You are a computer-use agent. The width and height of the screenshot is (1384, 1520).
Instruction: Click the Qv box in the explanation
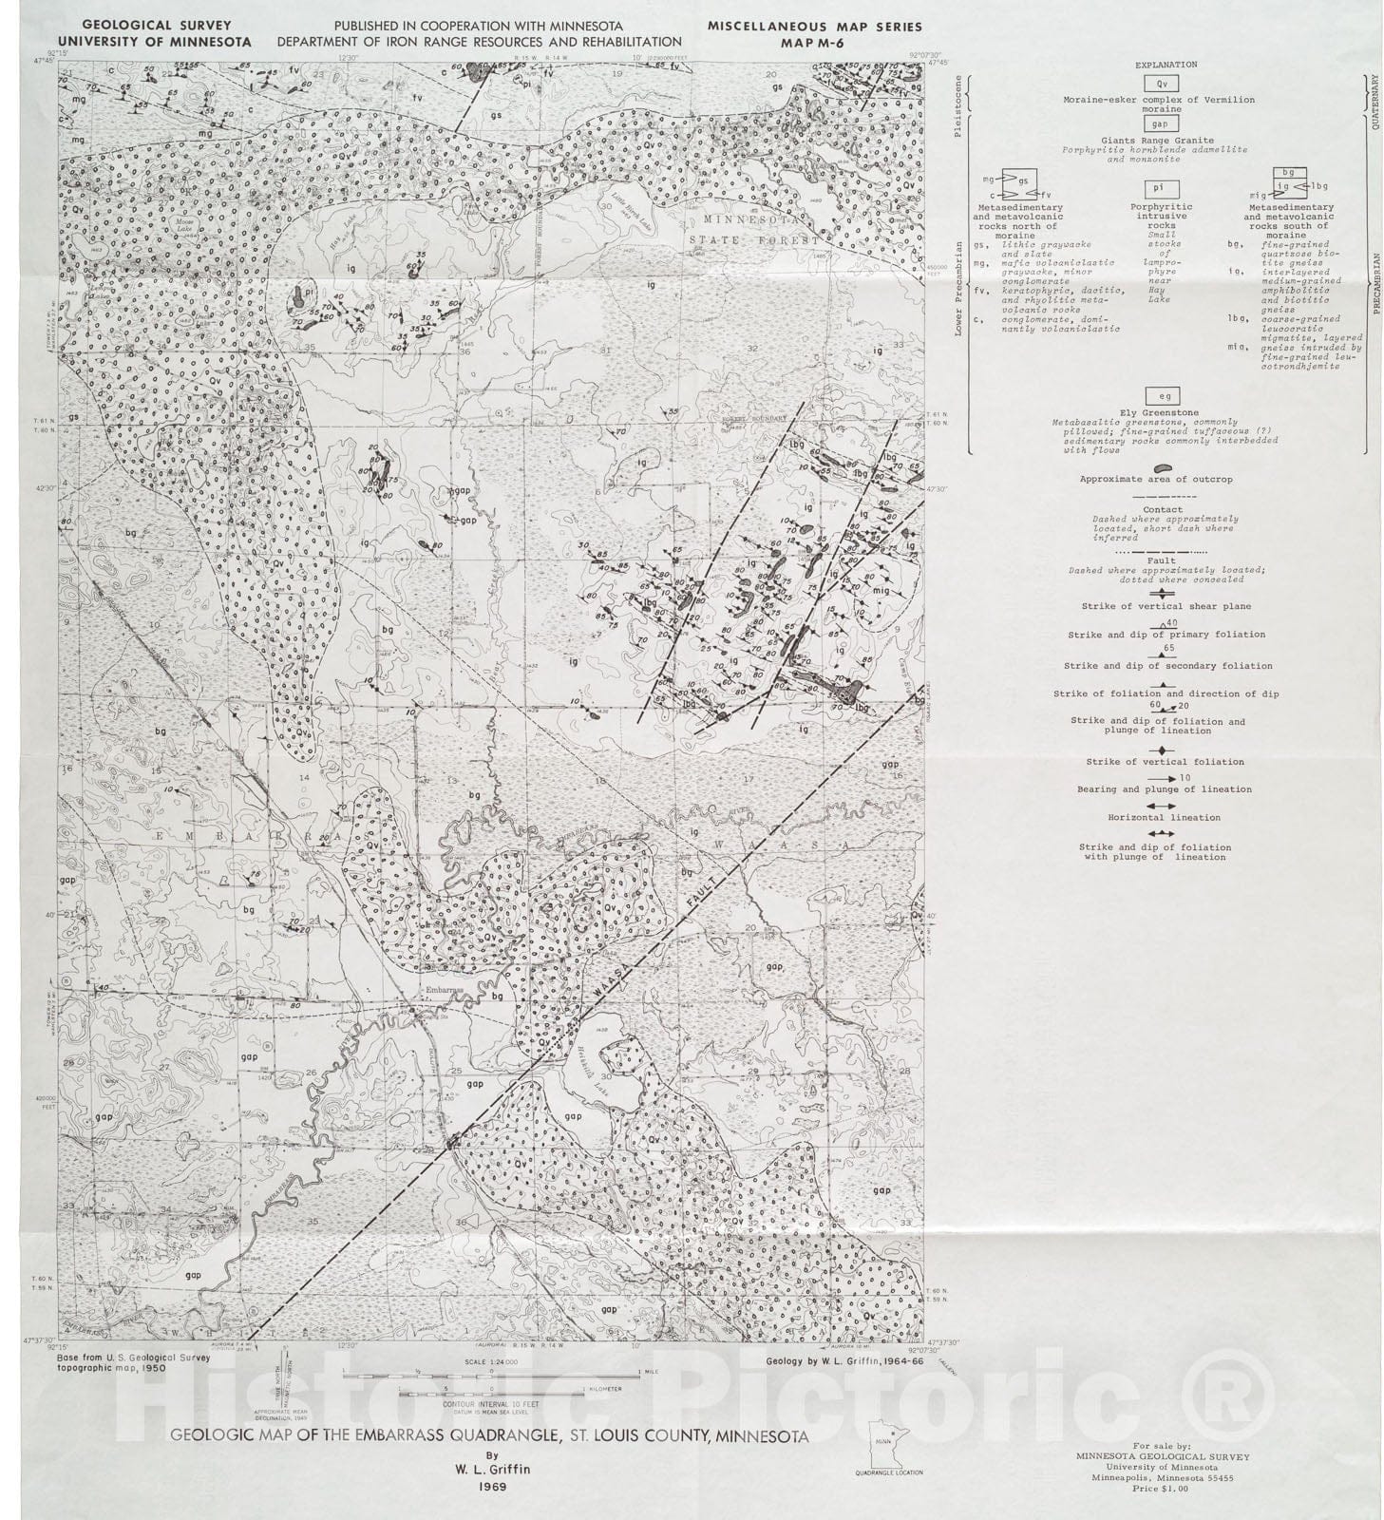click(x=1162, y=84)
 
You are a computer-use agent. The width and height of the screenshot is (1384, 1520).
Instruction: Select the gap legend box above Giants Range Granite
click(x=1160, y=124)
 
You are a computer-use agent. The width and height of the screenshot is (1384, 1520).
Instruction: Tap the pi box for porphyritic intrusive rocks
click(x=1161, y=190)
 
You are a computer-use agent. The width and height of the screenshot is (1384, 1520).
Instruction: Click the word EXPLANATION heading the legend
click(x=1166, y=65)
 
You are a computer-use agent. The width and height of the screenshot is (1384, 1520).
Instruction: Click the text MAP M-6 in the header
click(x=813, y=43)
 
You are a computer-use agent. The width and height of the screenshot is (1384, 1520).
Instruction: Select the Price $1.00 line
click(x=1162, y=1489)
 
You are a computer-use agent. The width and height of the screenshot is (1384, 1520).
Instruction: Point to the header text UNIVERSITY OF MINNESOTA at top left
click(x=167, y=43)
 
